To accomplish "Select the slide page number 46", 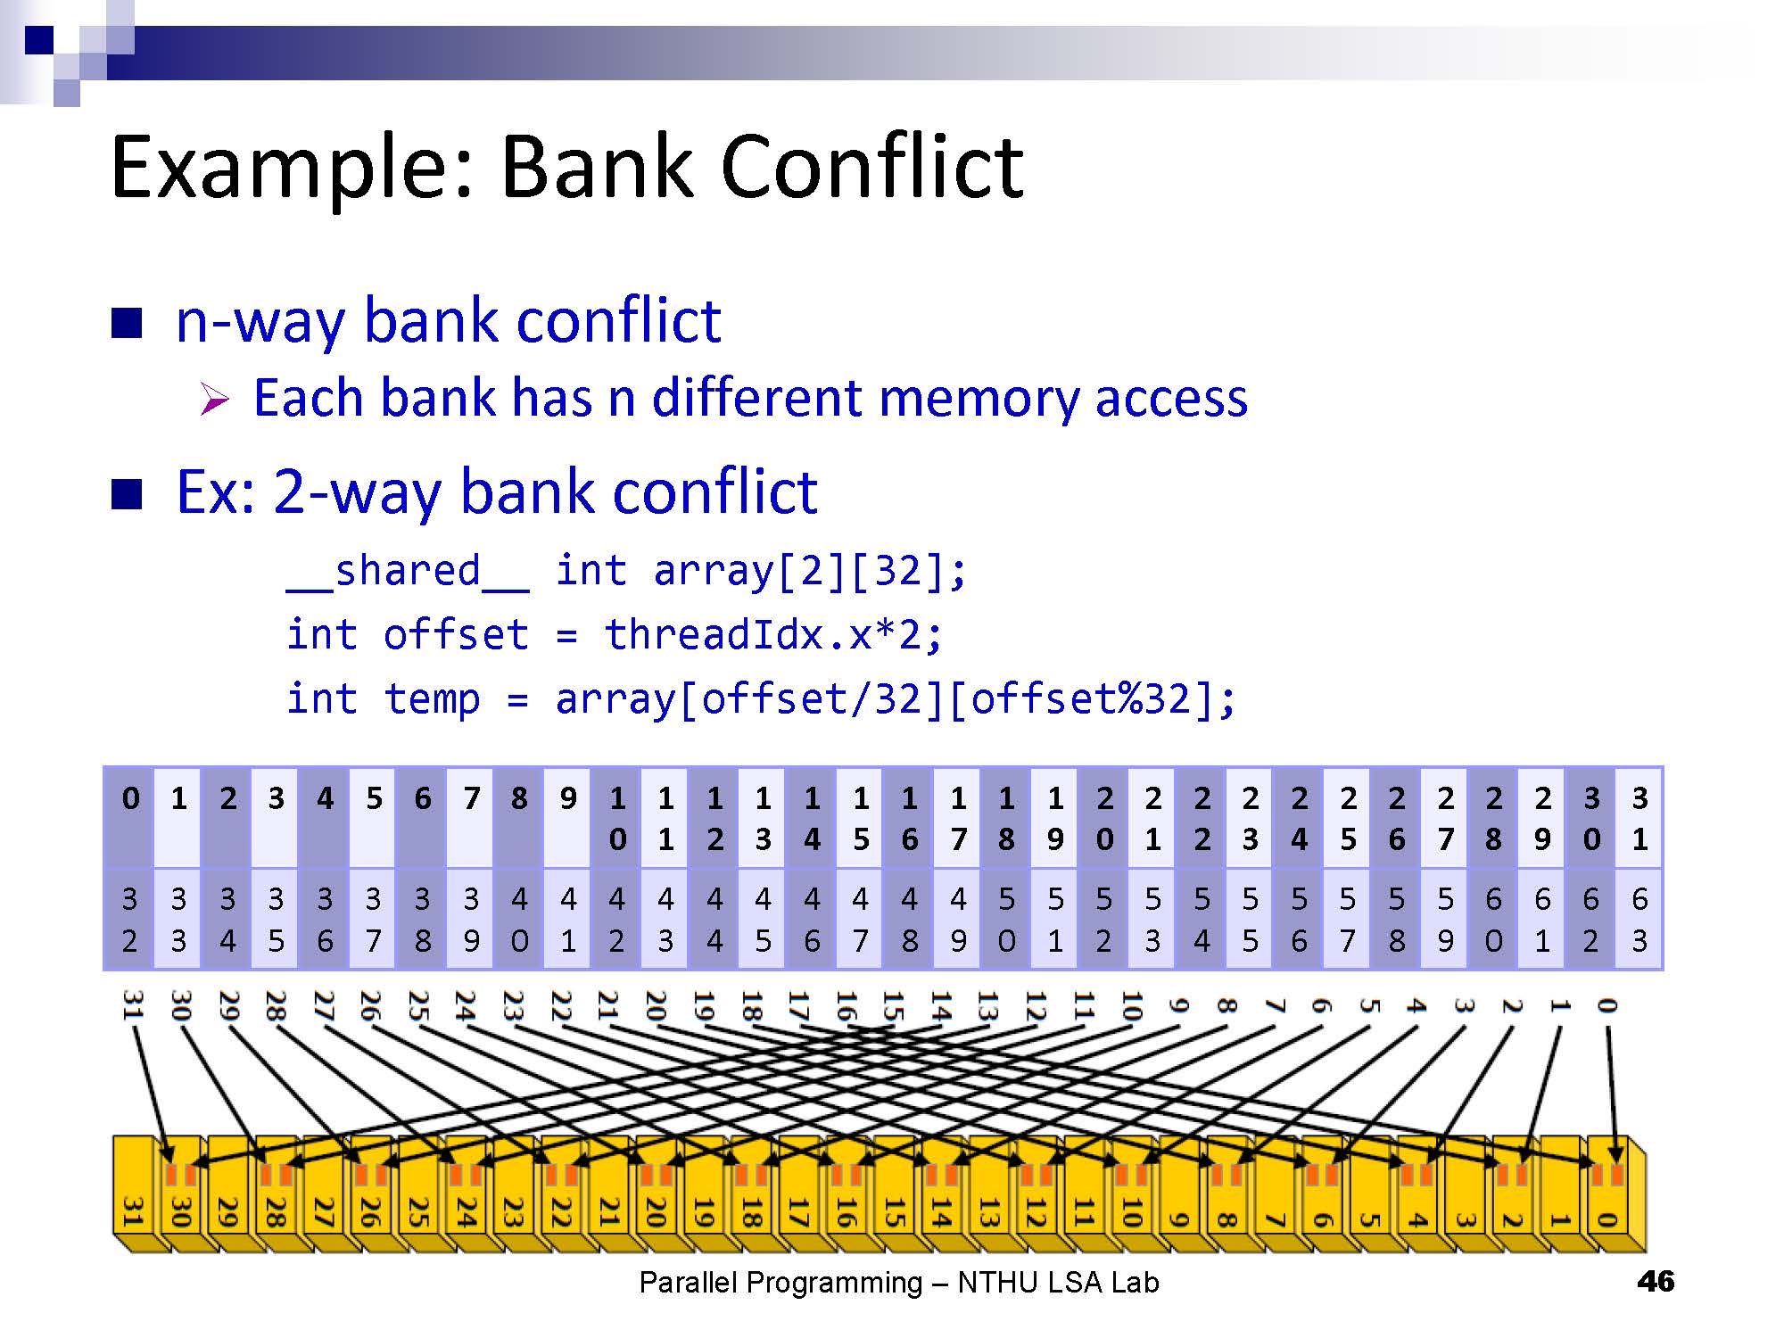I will pyautogui.click(x=1656, y=1282).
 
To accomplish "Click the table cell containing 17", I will pyautogui.click(x=958, y=818).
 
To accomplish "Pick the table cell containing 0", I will pyautogui.click(x=130, y=818).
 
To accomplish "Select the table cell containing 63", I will pyautogui.click(x=1639, y=920).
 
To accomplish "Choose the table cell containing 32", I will pyautogui.click(x=130, y=920).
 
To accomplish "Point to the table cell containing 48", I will pyautogui.click(x=909, y=920).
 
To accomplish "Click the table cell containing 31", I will pyautogui.click(x=1639, y=818).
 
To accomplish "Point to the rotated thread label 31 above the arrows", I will pyautogui.click(x=132, y=1004).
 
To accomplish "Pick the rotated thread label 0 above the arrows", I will pyautogui.click(x=1606, y=1006).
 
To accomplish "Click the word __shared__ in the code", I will pyautogui.click(x=408, y=572).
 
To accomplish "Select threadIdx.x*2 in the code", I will pyautogui.click(x=772, y=635).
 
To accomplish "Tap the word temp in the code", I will pyautogui.click(x=432, y=698).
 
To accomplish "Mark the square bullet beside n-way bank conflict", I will pyautogui.click(x=127, y=323).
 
